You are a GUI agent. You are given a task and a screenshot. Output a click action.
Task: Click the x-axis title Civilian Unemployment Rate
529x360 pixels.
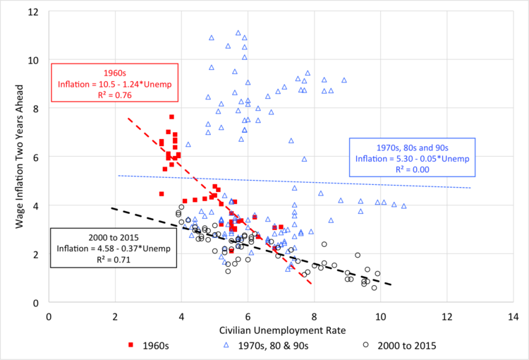281,332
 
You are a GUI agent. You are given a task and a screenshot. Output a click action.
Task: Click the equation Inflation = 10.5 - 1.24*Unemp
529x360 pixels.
114,85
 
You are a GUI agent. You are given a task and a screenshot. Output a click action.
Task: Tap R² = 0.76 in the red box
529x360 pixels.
114,97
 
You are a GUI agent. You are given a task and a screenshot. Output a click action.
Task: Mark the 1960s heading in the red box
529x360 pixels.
114,73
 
